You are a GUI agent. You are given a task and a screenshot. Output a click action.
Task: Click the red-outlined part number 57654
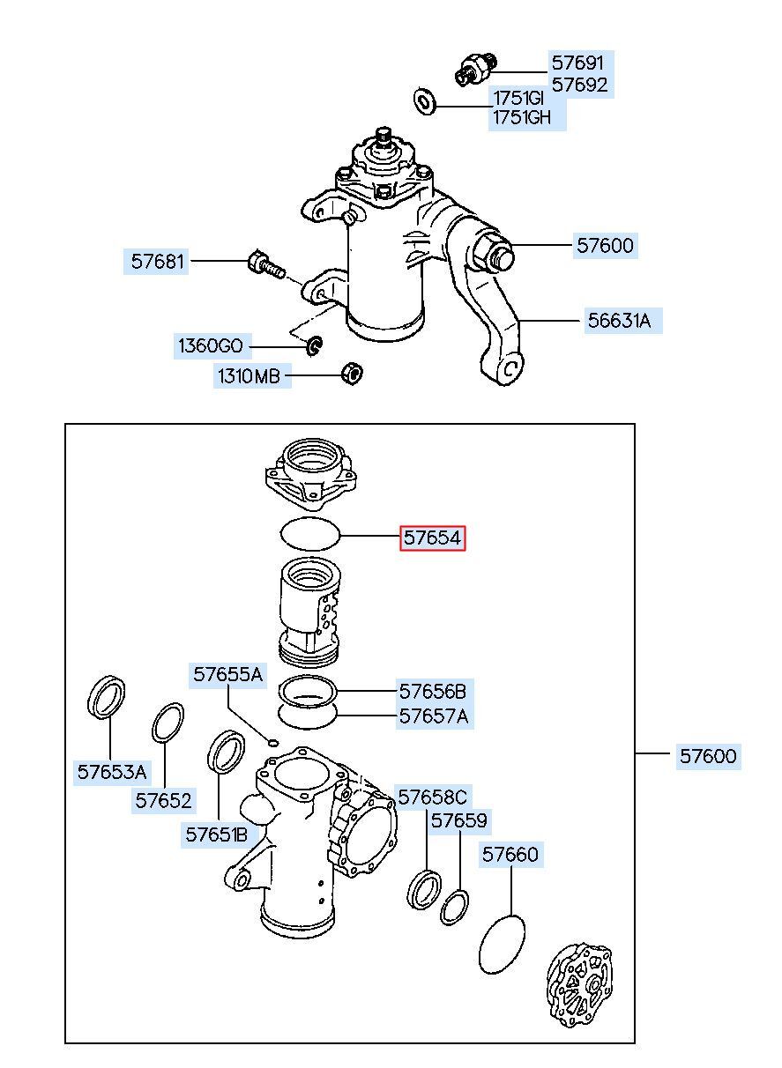[432, 538]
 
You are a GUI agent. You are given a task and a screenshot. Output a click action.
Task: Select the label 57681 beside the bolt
[157, 262]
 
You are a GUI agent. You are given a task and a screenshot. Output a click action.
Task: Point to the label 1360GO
[211, 345]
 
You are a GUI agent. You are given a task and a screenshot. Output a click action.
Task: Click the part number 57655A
[227, 674]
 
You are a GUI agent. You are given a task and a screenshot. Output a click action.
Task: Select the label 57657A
[434, 716]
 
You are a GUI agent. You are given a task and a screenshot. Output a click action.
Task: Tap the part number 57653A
[112, 771]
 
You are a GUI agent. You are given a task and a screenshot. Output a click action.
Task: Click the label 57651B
[217, 834]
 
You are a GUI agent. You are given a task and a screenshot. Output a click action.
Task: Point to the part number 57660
[510, 854]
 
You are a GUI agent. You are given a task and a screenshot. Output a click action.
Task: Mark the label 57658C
[433, 797]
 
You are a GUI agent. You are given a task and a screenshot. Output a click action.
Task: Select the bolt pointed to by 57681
[266, 264]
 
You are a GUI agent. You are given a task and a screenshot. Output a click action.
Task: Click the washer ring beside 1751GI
[424, 101]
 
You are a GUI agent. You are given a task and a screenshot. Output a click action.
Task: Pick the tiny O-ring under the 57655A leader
[272, 742]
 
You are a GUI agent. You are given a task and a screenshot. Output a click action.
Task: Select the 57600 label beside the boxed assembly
[708, 756]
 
